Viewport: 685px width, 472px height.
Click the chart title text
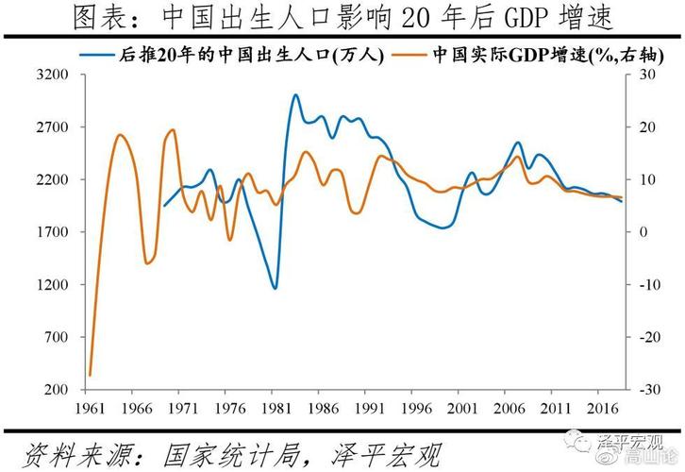pyautogui.click(x=342, y=18)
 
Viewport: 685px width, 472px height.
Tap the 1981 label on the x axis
pyautogui.click(x=275, y=408)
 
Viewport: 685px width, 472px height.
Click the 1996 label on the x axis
pyautogui.click(x=413, y=408)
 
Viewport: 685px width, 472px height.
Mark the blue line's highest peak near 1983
pyautogui.click(x=295, y=95)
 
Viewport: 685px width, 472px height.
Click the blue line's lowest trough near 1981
pyautogui.click(x=275, y=288)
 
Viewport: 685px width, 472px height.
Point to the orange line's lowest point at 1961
pyautogui.click(x=90, y=375)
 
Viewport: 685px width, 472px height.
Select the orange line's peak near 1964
pyautogui.click(x=119, y=135)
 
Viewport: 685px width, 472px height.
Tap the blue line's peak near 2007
pyautogui.click(x=518, y=143)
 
